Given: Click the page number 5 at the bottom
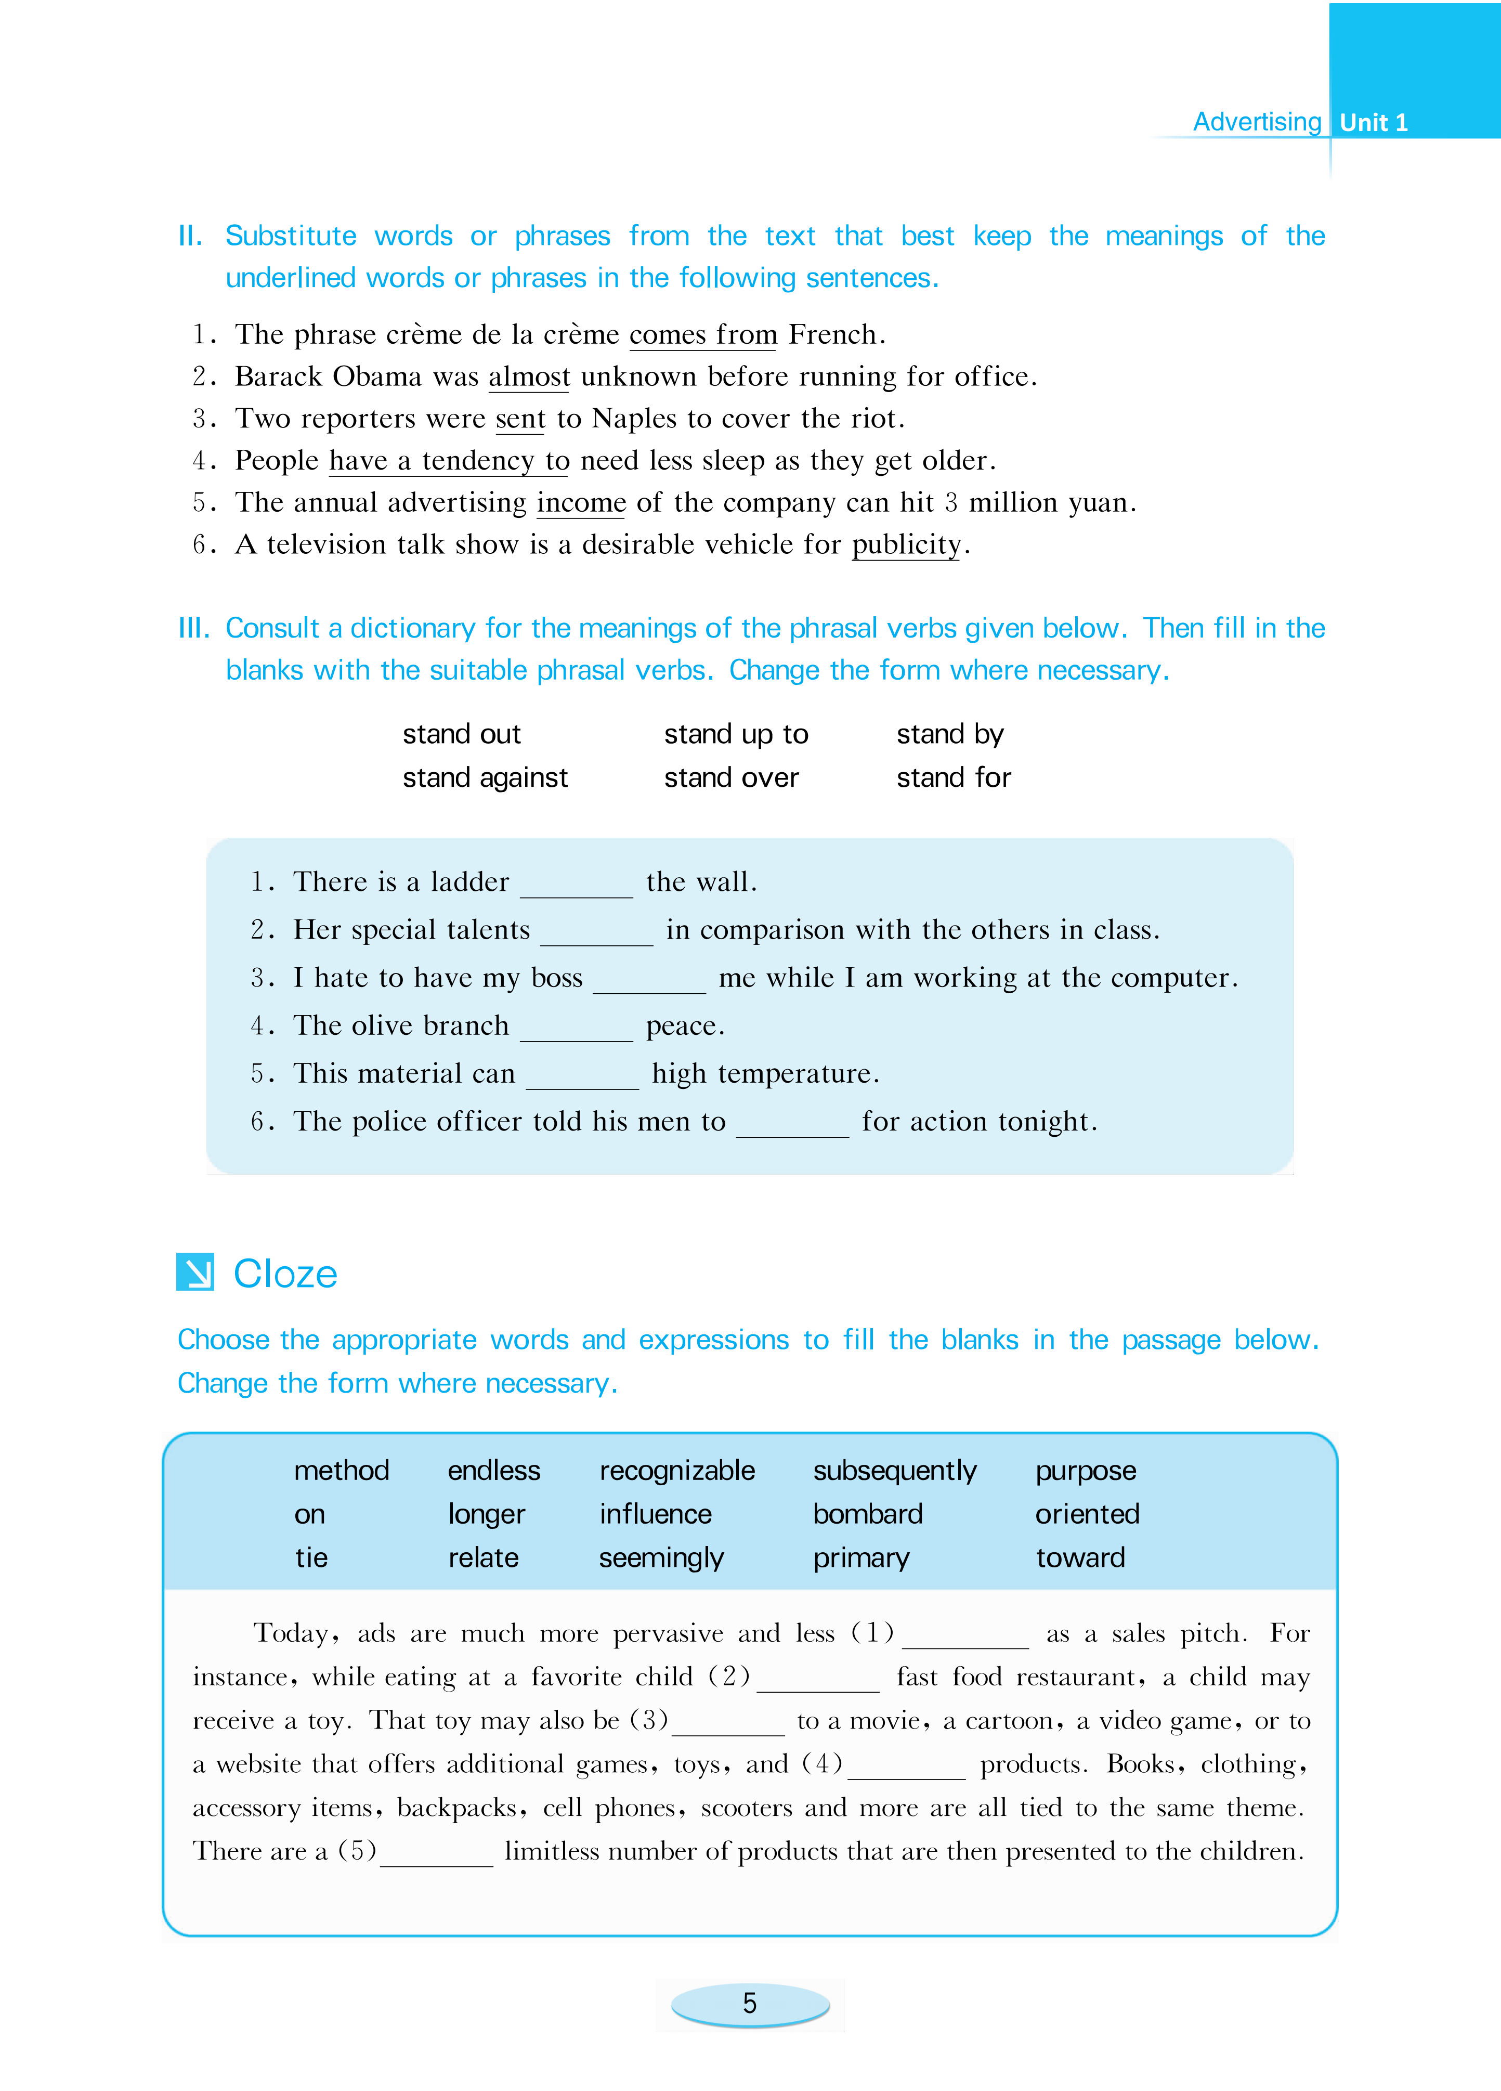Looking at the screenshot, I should [x=750, y=2004].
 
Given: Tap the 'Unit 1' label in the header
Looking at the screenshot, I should [x=1373, y=123].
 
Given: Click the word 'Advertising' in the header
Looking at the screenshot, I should [x=1257, y=122].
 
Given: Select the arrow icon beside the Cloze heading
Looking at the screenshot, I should [x=195, y=1272].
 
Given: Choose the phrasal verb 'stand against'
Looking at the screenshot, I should [x=485, y=777].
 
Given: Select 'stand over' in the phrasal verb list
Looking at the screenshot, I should [x=731, y=777].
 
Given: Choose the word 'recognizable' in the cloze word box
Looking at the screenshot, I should [x=677, y=1471].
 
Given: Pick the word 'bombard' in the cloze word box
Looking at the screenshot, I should [x=868, y=1514].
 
